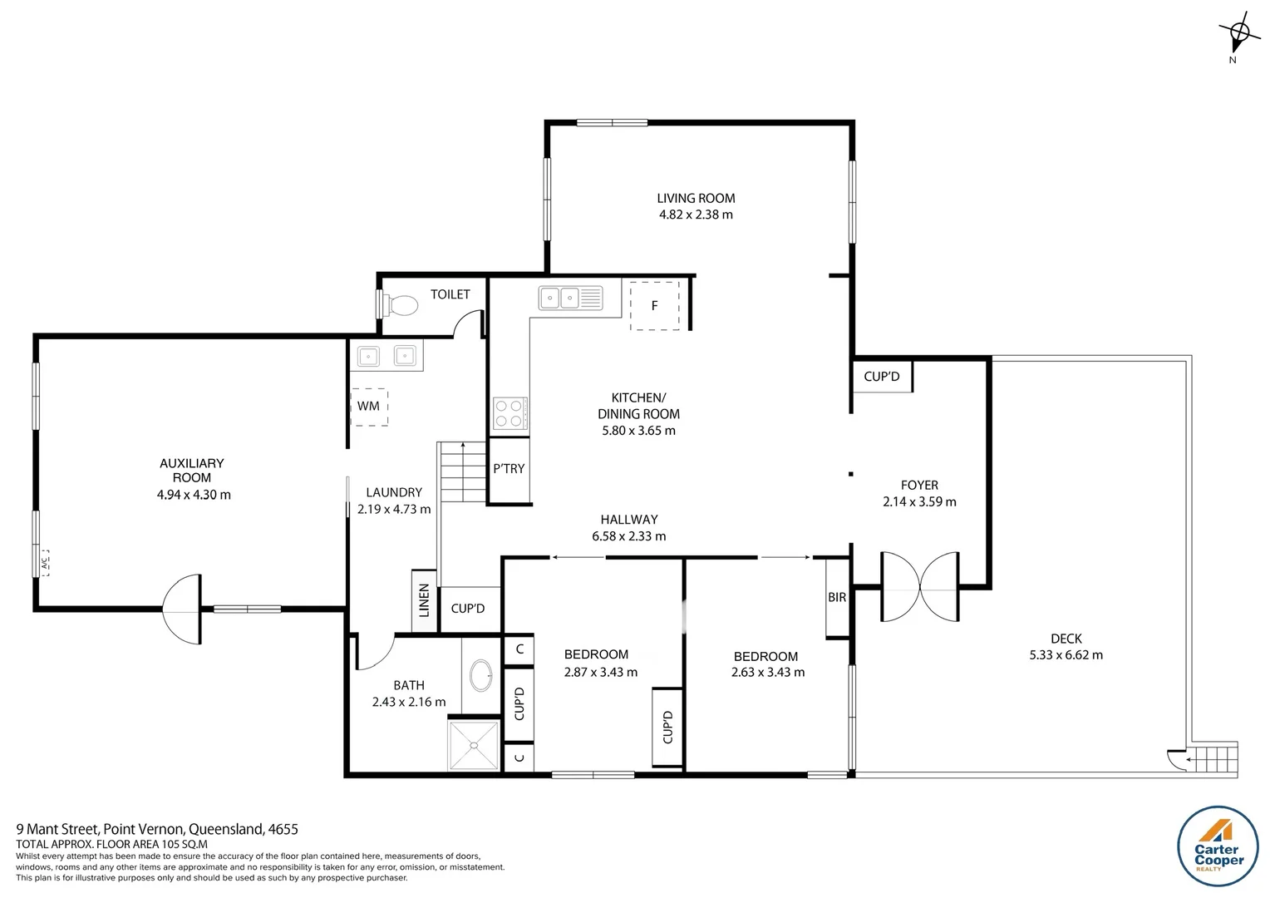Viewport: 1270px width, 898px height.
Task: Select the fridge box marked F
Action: pyautogui.click(x=654, y=305)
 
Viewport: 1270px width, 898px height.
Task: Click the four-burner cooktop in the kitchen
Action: pyautogui.click(x=509, y=413)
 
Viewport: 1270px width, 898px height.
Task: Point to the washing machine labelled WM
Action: pyautogui.click(x=368, y=407)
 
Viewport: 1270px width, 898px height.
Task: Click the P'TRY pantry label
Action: pyautogui.click(x=509, y=469)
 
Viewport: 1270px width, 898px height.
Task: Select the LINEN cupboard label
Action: pyautogui.click(x=424, y=599)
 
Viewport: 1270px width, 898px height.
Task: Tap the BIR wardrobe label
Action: pyautogui.click(x=837, y=597)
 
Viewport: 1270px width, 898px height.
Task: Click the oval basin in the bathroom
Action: pyautogui.click(x=480, y=675)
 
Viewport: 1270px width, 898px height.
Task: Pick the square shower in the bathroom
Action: pyautogui.click(x=474, y=746)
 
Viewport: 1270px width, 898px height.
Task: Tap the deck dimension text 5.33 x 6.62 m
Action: pyautogui.click(x=1066, y=655)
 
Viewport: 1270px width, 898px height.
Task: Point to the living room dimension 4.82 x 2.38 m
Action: pyautogui.click(x=696, y=215)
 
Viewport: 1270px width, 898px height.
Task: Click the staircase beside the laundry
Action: pyautogui.click(x=461, y=471)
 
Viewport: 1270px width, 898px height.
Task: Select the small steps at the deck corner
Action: pyautogui.click(x=1212, y=759)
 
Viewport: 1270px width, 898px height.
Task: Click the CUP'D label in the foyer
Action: pyautogui.click(x=882, y=377)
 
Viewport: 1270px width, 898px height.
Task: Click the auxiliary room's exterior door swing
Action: pyautogui.click(x=182, y=609)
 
